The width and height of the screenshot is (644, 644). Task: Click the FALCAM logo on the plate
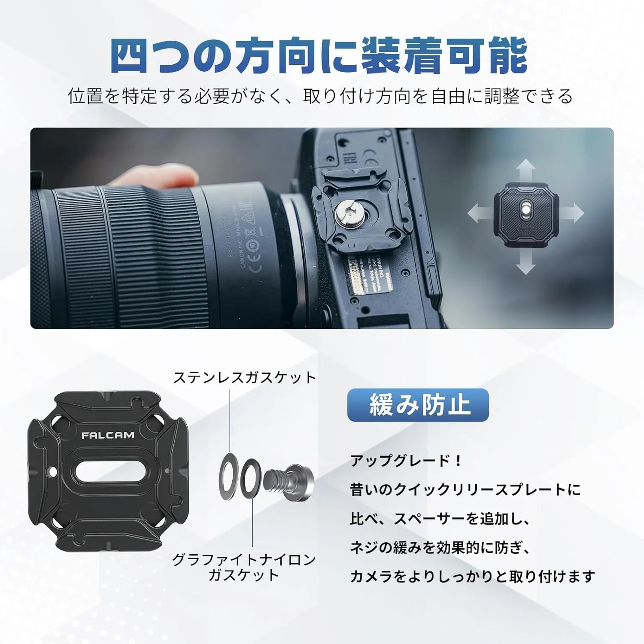108,435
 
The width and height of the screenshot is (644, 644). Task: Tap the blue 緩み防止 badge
418,405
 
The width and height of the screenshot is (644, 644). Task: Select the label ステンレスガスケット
244,378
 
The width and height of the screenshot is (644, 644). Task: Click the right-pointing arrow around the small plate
573,213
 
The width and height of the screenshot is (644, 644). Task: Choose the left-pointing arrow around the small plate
478,213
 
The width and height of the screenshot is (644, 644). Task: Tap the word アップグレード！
406,461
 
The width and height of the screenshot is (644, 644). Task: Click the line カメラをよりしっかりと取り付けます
472,576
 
